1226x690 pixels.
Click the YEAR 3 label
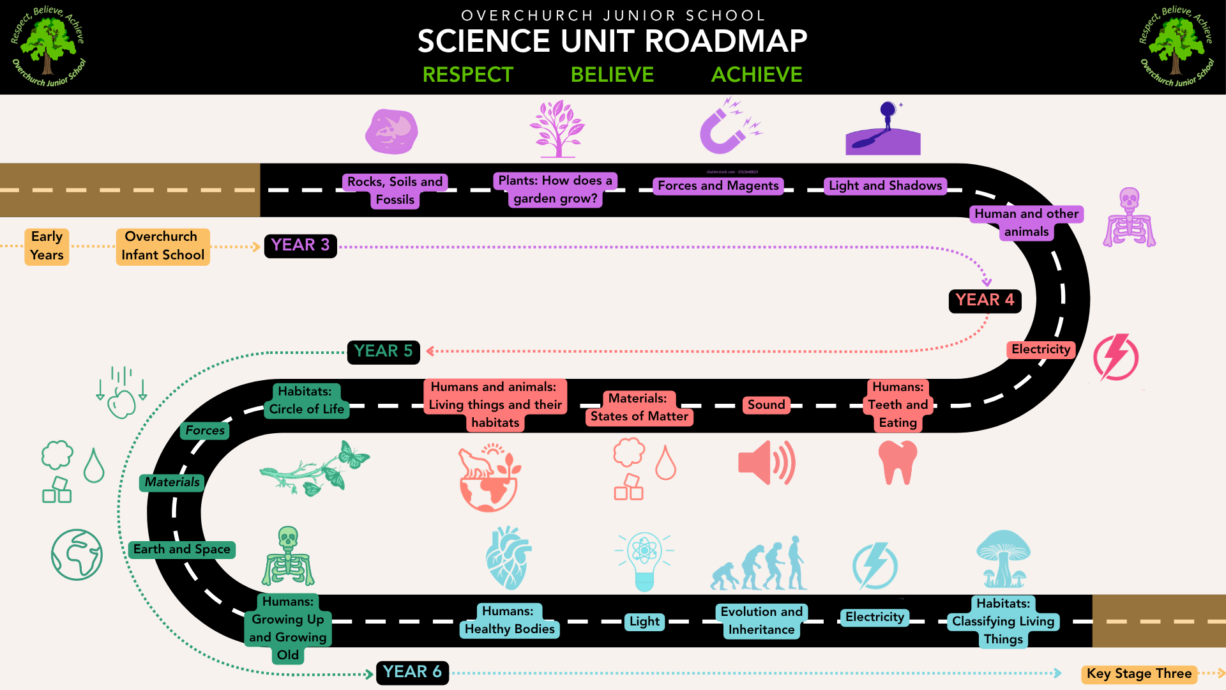click(300, 245)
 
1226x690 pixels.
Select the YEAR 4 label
click(985, 300)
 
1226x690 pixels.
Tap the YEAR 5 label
click(383, 351)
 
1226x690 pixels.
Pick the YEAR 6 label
click(412, 672)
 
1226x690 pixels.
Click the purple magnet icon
click(730, 126)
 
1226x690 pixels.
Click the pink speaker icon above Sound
click(767, 463)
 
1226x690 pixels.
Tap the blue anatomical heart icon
click(508, 558)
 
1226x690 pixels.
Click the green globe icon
click(77, 555)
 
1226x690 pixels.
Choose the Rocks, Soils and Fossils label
click(395, 191)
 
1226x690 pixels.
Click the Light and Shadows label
click(885, 186)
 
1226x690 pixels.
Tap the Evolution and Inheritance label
click(761, 621)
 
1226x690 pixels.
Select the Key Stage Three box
click(1139, 673)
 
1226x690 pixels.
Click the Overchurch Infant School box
click(163, 246)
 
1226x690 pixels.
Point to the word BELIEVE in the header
click(612, 75)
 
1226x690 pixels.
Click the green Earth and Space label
click(181, 549)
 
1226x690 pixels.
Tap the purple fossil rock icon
click(391, 131)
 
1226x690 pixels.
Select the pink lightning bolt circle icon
click(1116, 357)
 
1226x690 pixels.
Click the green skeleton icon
click(288, 556)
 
